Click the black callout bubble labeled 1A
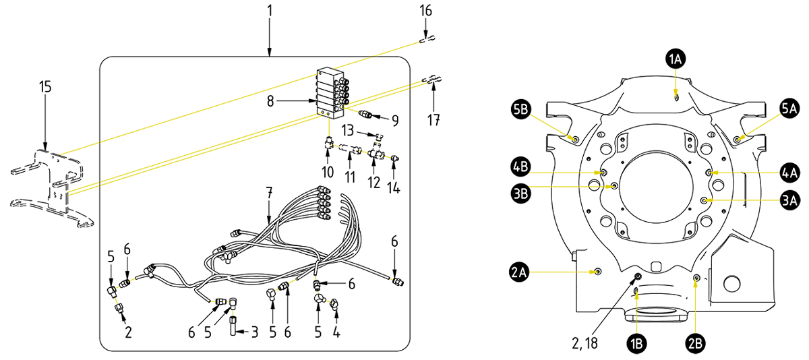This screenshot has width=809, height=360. tap(675, 60)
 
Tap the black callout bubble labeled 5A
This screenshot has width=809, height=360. tap(789, 109)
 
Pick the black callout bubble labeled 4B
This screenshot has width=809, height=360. tap(520, 165)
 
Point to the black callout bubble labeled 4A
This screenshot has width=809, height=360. tap(791, 173)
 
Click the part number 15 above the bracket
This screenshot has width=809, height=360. tap(44, 87)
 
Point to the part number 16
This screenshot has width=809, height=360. tap(425, 11)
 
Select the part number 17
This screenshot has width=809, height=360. tap(433, 121)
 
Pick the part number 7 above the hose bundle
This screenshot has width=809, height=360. tap(270, 193)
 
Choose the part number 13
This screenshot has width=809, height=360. tap(348, 129)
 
